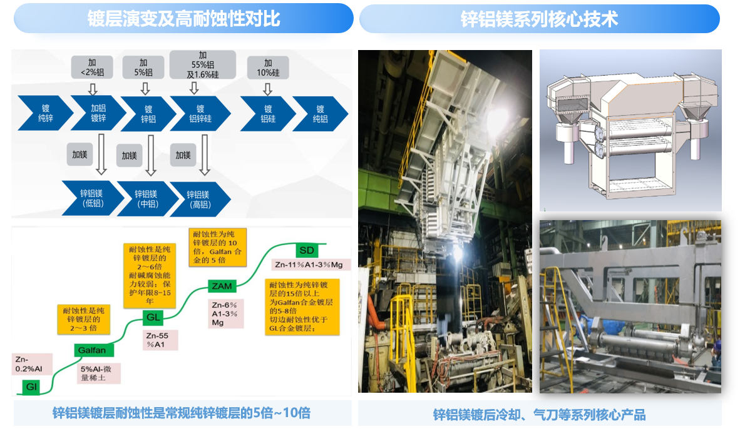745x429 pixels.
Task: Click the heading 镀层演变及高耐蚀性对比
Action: [x=183, y=19]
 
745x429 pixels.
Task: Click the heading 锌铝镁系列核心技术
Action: [x=539, y=19]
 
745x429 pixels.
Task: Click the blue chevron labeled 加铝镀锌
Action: [x=98, y=113]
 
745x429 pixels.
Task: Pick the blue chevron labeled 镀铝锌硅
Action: [x=200, y=113]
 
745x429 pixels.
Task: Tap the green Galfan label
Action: [x=92, y=350]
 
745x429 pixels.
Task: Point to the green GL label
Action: [x=153, y=317]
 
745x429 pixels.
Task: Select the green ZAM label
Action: [x=222, y=286]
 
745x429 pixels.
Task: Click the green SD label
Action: [x=306, y=249]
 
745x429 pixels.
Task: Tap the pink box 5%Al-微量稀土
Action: [x=96, y=373]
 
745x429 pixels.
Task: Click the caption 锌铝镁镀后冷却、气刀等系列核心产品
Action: [x=539, y=415]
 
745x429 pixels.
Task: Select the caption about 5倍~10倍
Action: [x=182, y=413]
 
